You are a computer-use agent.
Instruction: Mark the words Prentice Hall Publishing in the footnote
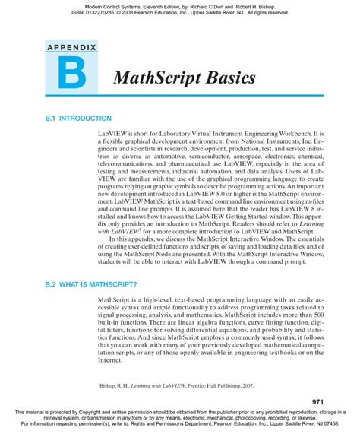[194, 386]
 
